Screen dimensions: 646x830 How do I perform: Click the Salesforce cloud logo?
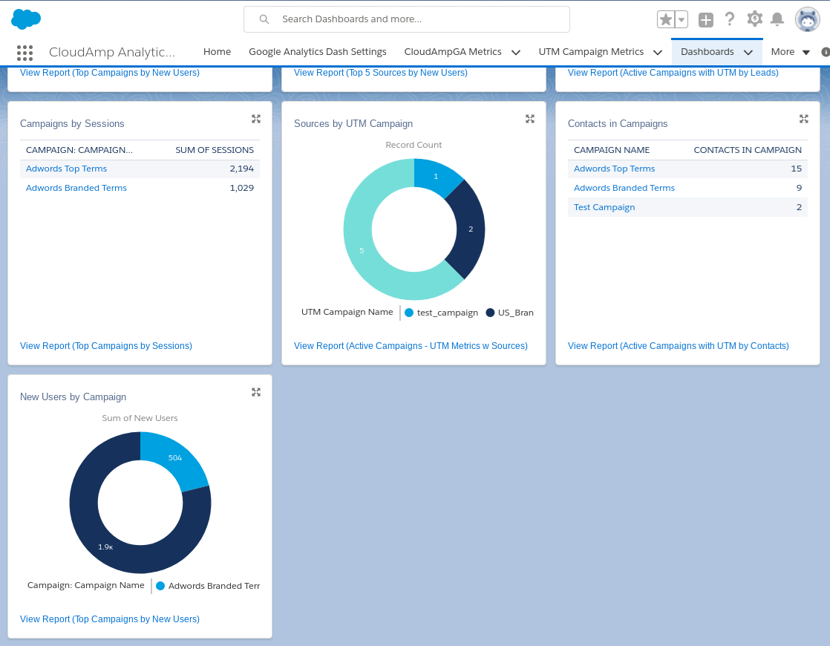(x=26, y=19)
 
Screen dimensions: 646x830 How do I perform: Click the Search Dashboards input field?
(x=416, y=19)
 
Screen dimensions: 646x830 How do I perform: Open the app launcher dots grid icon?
(x=24, y=52)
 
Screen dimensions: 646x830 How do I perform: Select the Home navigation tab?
(x=217, y=52)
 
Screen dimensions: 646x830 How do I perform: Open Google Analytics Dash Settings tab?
(x=317, y=52)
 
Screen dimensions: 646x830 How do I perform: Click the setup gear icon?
(x=754, y=19)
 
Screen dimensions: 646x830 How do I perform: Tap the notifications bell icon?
(x=777, y=19)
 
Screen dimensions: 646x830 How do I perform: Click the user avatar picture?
(x=807, y=19)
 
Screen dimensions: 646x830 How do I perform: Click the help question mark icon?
(x=730, y=19)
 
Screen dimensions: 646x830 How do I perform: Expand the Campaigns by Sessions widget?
(x=256, y=119)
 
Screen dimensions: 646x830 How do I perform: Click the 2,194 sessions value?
(x=241, y=169)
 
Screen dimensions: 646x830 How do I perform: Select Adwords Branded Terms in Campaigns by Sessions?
(x=76, y=188)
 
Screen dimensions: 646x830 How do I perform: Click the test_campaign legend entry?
(x=442, y=313)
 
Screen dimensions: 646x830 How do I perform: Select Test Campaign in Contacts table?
(x=604, y=207)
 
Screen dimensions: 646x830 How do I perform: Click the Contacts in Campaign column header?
(x=747, y=150)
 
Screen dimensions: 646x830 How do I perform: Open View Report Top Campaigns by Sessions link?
(x=106, y=346)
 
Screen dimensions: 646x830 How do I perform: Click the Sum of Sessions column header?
(x=214, y=150)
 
